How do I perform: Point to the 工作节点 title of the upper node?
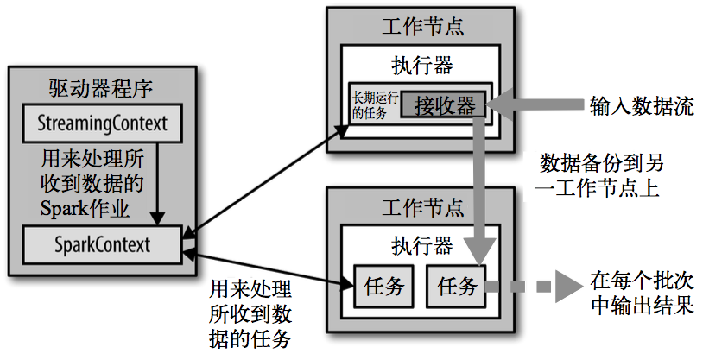(x=421, y=26)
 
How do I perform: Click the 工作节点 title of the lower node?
(x=421, y=207)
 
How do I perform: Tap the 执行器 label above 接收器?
(x=421, y=66)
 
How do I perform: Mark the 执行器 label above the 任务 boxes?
(x=421, y=246)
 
